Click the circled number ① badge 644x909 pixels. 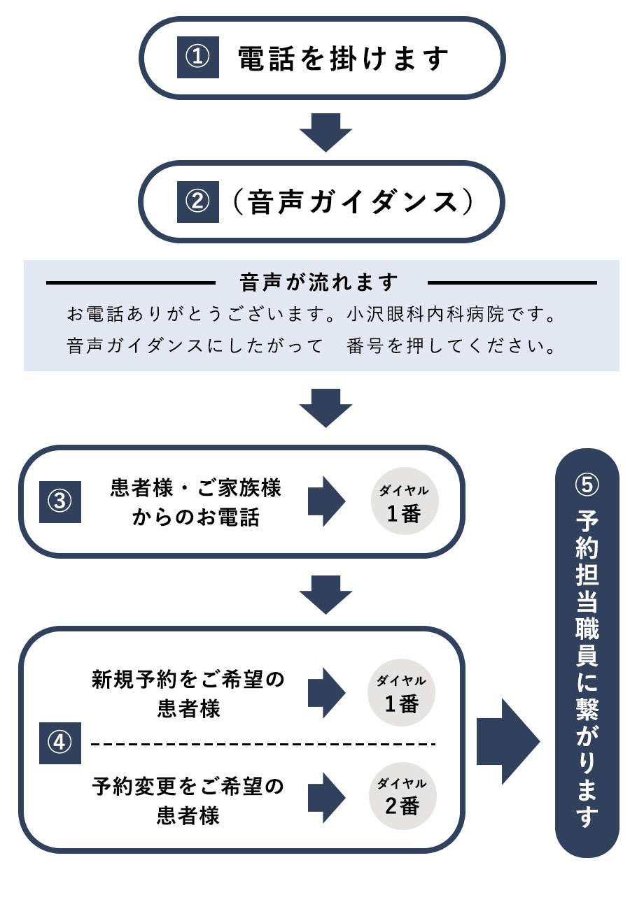coord(198,57)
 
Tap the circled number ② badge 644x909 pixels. coord(198,202)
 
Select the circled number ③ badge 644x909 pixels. coord(60,501)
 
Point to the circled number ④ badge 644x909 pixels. coord(60,743)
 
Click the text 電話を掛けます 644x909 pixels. coord(343,59)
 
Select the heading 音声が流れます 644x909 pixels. coord(319,282)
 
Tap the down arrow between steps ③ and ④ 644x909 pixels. coord(325,594)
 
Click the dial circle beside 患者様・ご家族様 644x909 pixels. coord(403,501)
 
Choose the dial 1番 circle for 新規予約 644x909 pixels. coord(402,692)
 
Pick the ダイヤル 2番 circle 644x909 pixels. coord(402,796)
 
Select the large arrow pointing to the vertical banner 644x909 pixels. coord(507,741)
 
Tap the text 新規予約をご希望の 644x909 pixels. coord(188,680)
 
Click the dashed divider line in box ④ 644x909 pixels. coord(262,743)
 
